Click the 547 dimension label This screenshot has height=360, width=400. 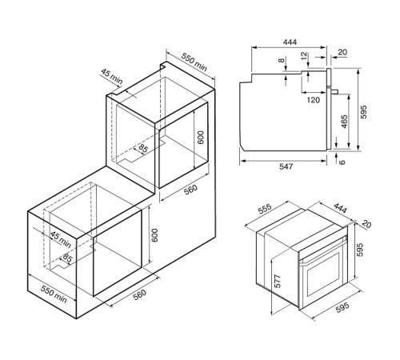(286, 166)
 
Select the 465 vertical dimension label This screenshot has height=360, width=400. (344, 122)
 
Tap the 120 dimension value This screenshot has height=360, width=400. (313, 100)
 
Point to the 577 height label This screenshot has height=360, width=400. (278, 281)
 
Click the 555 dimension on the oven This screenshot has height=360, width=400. (265, 209)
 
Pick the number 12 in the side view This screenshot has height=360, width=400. (304, 55)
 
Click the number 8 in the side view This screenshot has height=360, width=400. (282, 60)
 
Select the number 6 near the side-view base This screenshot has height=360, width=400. (342, 162)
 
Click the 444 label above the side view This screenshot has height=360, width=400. (290, 42)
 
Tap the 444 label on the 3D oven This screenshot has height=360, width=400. (340, 209)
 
